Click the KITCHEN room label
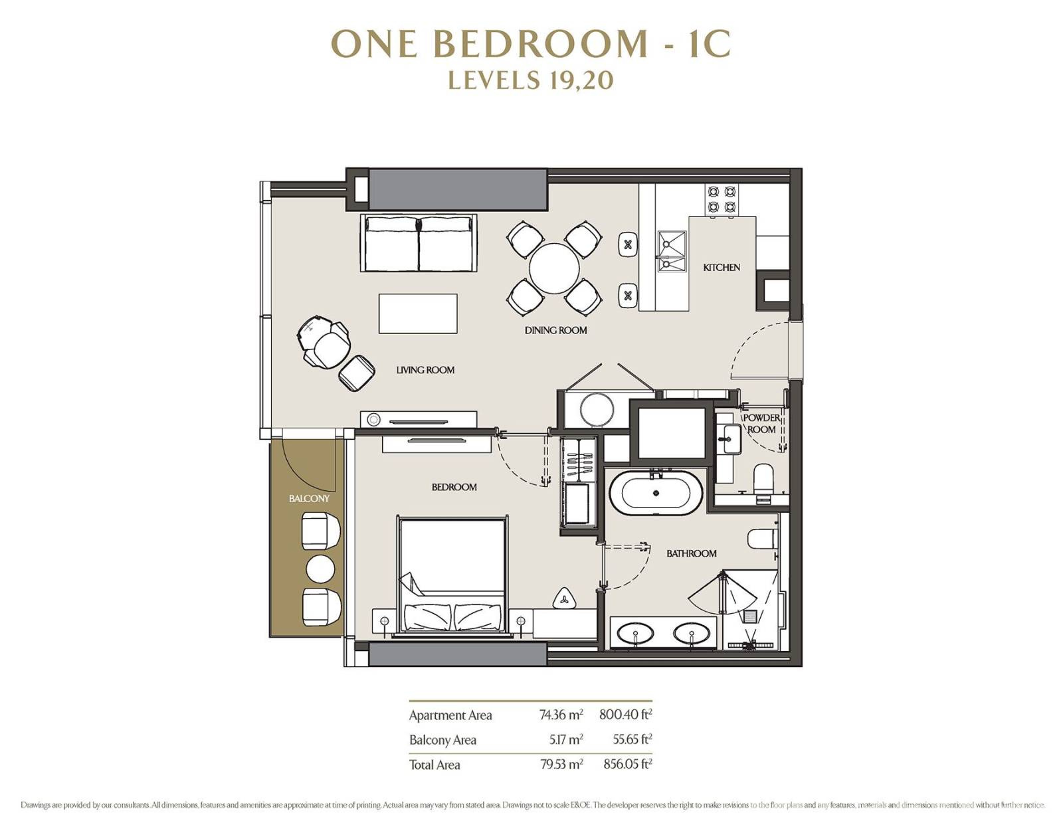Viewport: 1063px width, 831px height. click(x=721, y=268)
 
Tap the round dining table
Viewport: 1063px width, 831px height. click(x=554, y=268)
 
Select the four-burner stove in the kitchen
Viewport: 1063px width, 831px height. click(x=722, y=199)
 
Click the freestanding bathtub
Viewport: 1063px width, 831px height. click(x=656, y=493)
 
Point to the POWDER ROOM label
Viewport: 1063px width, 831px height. click(x=761, y=424)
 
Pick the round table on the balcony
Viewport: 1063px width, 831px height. click(x=320, y=569)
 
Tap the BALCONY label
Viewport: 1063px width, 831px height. click(x=309, y=499)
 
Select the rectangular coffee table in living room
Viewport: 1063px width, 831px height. click(x=418, y=314)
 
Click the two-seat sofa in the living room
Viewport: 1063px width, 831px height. click(x=419, y=243)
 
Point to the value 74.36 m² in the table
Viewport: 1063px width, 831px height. click(x=561, y=715)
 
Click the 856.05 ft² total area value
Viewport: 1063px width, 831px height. click(x=628, y=763)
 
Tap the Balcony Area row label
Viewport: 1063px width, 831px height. click(x=442, y=739)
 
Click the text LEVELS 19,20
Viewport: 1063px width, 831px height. click(x=531, y=80)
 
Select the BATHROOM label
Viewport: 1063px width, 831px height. click(x=691, y=553)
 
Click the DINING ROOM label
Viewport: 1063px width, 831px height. click(x=555, y=330)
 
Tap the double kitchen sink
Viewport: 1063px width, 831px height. click(x=672, y=251)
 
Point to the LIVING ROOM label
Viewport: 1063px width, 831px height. click(x=425, y=370)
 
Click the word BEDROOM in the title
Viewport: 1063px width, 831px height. click(x=541, y=44)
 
